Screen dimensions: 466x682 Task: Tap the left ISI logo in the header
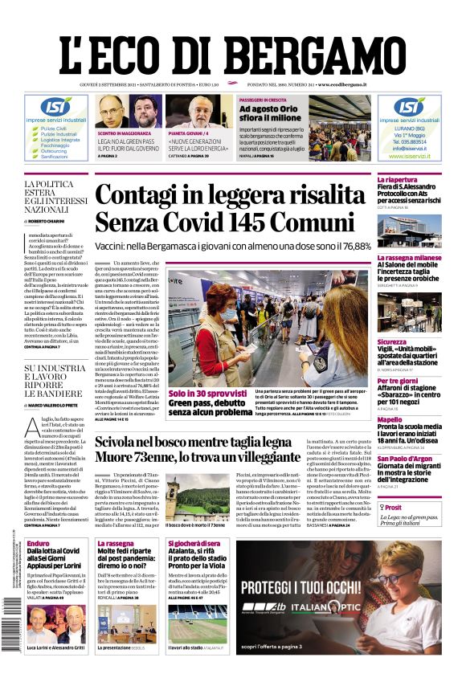(56, 106)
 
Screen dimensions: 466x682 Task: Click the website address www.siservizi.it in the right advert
(409, 156)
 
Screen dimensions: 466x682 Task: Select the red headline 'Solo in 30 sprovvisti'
(203, 394)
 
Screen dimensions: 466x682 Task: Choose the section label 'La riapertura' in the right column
(398, 179)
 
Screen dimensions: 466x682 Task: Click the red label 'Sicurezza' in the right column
(392, 342)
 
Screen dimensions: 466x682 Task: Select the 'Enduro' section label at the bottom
(38, 544)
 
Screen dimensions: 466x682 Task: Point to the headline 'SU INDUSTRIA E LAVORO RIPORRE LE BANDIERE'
(55, 382)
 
